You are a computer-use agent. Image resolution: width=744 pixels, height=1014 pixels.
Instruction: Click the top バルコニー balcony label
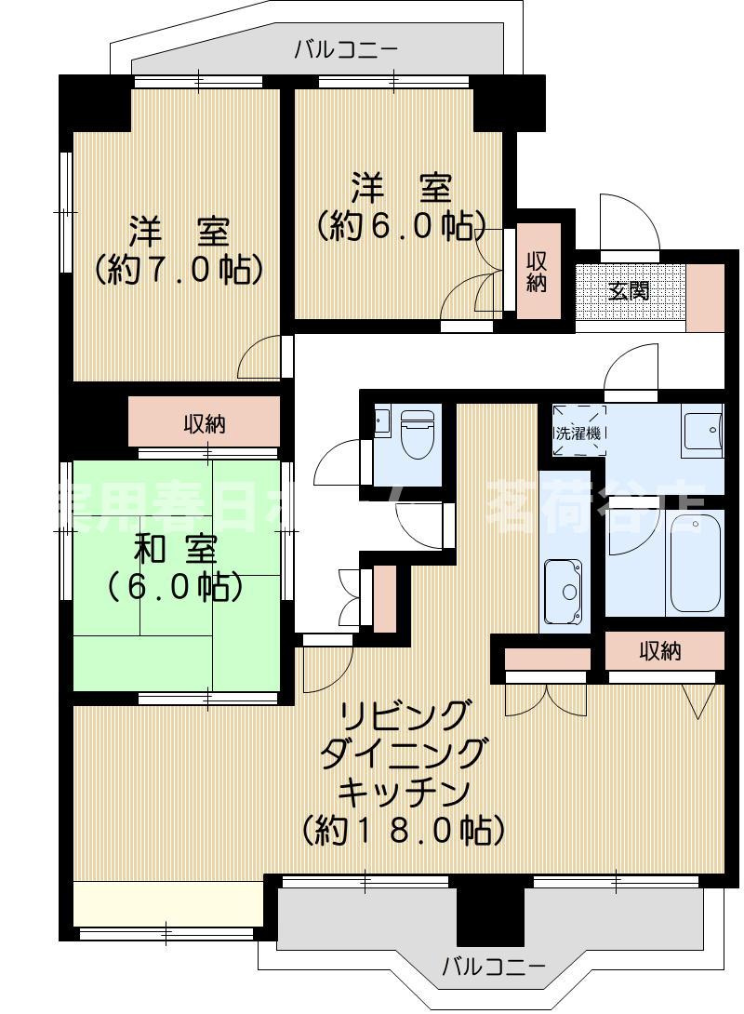tap(346, 49)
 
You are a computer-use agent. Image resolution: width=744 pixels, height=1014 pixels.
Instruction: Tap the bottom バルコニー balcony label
tap(493, 966)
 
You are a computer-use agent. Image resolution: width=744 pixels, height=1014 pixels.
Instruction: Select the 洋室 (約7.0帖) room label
tap(179, 248)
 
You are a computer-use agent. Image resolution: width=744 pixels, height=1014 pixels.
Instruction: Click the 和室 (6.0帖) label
tap(175, 567)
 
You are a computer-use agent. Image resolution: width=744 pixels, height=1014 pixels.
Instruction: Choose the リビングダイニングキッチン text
tap(403, 772)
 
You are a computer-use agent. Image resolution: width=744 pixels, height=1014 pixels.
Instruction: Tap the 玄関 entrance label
tap(629, 290)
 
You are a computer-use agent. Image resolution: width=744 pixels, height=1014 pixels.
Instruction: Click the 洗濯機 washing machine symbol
tap(578, 432)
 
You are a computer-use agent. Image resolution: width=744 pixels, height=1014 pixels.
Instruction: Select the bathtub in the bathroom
tap(696, 561)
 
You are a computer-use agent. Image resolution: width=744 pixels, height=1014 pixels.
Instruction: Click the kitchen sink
tap(564, 592)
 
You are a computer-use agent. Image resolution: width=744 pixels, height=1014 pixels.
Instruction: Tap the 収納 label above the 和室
tap(204, 424)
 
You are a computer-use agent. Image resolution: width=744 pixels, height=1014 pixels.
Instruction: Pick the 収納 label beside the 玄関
tap(538, 271)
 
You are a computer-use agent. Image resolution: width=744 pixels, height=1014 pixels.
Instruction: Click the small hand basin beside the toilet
tap(381, 421)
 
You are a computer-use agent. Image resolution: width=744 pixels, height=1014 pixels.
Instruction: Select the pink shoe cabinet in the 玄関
tap(704, 298)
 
